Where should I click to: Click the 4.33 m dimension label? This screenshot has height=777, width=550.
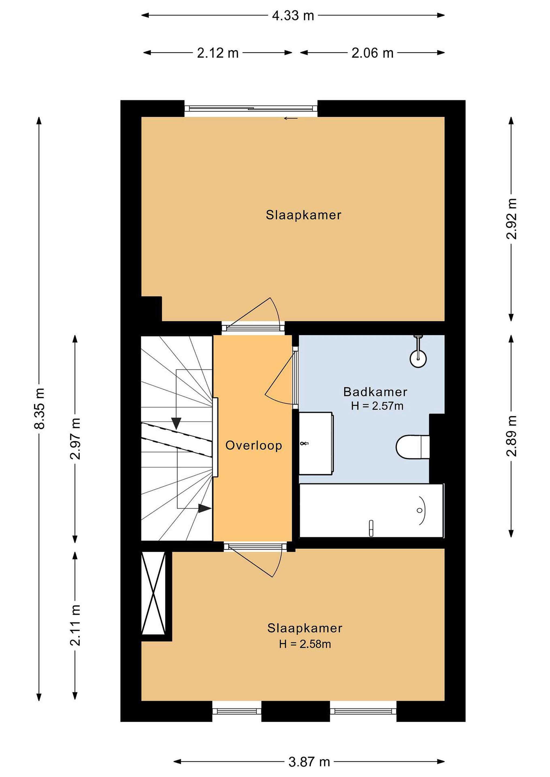click(293, 16)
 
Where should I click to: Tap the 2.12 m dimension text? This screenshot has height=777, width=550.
click(218, 53)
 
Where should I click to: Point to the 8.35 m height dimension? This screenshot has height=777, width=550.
click(39, 408)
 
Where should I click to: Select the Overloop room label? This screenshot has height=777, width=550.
click(254, 445)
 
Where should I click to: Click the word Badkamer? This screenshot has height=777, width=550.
click(375, 392)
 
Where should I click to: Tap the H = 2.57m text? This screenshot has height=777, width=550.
click(377, 406)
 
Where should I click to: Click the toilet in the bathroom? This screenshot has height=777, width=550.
click(413, 447)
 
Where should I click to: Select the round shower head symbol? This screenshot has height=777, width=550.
click(418, 359)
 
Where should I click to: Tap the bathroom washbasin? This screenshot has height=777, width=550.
click(316, 443)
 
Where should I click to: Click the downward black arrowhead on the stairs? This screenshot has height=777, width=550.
click(176, 423)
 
